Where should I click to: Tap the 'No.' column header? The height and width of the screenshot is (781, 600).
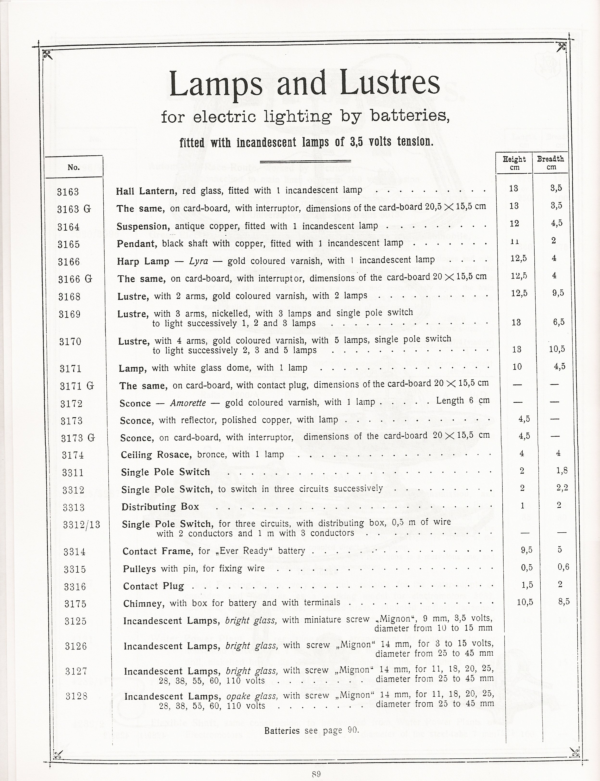tap(74, 167)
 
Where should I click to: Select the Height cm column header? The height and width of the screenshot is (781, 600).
tap(514, 163)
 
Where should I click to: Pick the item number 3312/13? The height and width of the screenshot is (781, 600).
tap(81, 525)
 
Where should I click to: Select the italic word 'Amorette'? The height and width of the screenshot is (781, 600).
tap(188, 403)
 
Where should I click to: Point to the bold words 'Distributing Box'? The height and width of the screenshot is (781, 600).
tap(160, 507)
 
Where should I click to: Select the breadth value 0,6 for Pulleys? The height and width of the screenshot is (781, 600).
tap(563, 567)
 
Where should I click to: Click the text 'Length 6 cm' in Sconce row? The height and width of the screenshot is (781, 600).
tap(462, 401)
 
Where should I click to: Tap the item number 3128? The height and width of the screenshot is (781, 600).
tap(77, 696)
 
